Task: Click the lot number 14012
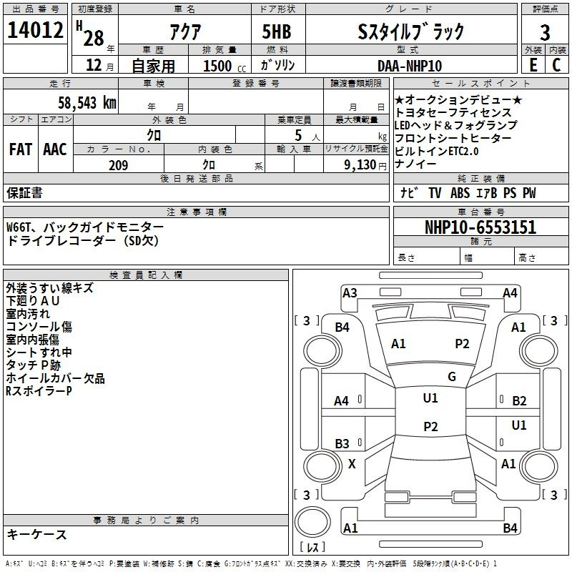coord(35,30)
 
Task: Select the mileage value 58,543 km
coord(87,103)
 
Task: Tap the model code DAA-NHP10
coord(410,66)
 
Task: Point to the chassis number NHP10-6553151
coord(480,227)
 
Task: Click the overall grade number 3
coord(545,33)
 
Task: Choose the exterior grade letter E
coord(533,65)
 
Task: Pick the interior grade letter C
coord(556,65)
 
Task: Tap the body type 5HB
coord(277,31)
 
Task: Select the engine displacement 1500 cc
coord(225,66)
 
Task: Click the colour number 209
coord(119,165)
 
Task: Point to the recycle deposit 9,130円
coord(365,165)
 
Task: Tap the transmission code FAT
coord(21,149)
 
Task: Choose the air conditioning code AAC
coord(55,149)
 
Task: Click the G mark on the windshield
coord(452,377)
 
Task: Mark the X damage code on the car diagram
coord(352,464)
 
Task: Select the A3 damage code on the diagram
coord(350,293)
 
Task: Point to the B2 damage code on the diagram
coord(519,401)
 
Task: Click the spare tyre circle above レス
coord(312,522)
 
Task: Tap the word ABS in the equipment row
coord(460,193)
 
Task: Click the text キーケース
coord(37,534)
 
